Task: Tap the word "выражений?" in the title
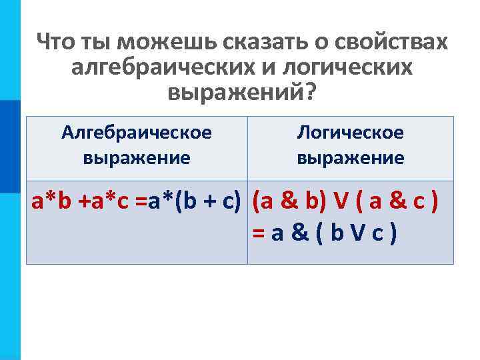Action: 240,94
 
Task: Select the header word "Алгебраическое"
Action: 137,133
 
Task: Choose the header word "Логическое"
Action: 350,133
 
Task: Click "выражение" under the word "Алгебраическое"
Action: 137,158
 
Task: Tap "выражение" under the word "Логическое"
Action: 350,158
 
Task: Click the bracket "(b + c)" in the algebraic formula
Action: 211,203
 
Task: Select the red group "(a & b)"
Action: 284,203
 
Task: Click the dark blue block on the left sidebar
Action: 10,147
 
